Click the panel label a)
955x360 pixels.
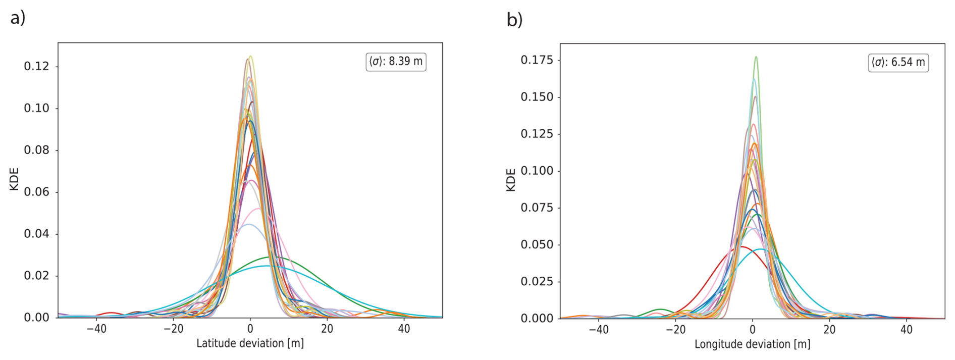tap(18, 18)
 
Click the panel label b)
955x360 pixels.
tap(514, 20)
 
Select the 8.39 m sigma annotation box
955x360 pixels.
tap(396, 62)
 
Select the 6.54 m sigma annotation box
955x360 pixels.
tap(898, 63)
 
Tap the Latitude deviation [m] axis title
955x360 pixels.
tap(250, 344)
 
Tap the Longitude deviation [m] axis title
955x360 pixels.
tap(752, 344)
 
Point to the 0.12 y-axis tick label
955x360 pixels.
tap(36, 67)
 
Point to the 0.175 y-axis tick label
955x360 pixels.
tap(537, 60)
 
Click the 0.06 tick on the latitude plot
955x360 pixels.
tap(36, 192)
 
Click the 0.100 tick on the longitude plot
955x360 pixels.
tap(537, 171)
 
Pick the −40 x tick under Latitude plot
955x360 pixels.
tap(96, 329)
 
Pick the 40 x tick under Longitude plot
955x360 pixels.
tap(906, 330)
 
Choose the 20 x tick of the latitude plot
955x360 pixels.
tap(327, 329)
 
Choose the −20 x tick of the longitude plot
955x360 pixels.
tap(675, 330)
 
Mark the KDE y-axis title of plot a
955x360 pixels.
tap(14, 179)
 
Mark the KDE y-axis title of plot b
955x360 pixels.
tap(511, 180)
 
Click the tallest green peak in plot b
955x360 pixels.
tap(756, 58)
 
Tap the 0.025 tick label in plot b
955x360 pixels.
tap(537, 281)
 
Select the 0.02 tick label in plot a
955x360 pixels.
tap(36, 276)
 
